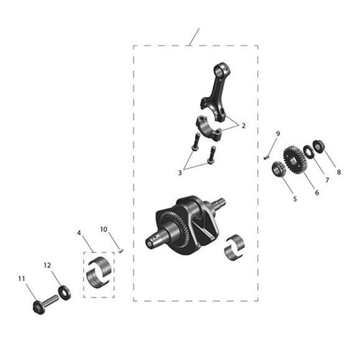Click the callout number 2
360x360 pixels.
click(x=243, y=126)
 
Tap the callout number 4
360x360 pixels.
click(x=79, y=232)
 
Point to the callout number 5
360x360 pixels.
click(x=295, y=198)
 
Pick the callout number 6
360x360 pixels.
click(x=317, y=192)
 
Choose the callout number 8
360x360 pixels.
click(x=339, y=173)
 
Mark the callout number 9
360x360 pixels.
click(x=278, y=134)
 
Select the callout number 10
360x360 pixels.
click(x=104, y=229)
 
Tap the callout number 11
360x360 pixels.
click(x=21, y=279)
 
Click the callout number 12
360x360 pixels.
click(x=47, y=266)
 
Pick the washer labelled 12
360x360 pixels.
click(x=64, y=291)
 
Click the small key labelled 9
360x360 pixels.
click(x=267, y=156)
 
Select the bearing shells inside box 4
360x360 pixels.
click(x=99, y=274)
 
